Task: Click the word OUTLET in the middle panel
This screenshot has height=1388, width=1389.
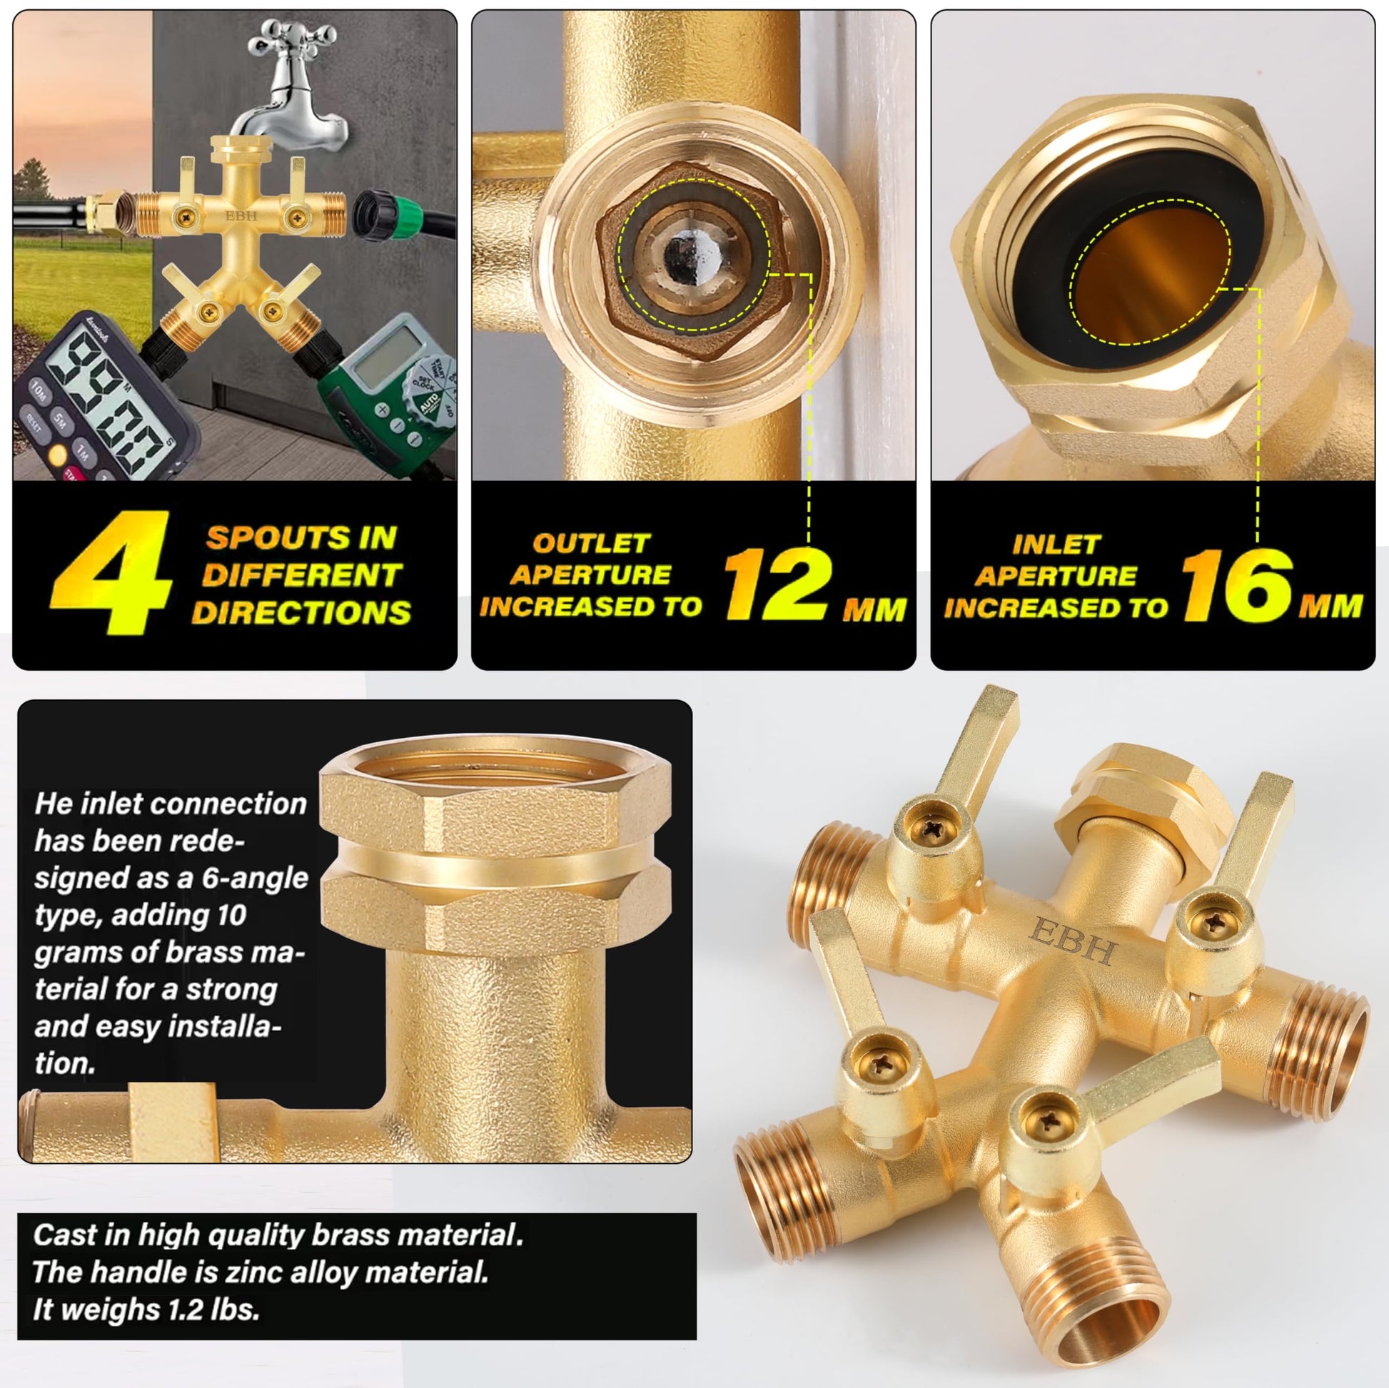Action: pyautogui.click(x=591, y=543)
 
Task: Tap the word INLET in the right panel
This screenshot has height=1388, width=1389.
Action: pyautogui.click(x=1056, y=544)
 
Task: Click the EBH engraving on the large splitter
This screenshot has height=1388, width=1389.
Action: pyautogui.click(x=1073, y=940)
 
